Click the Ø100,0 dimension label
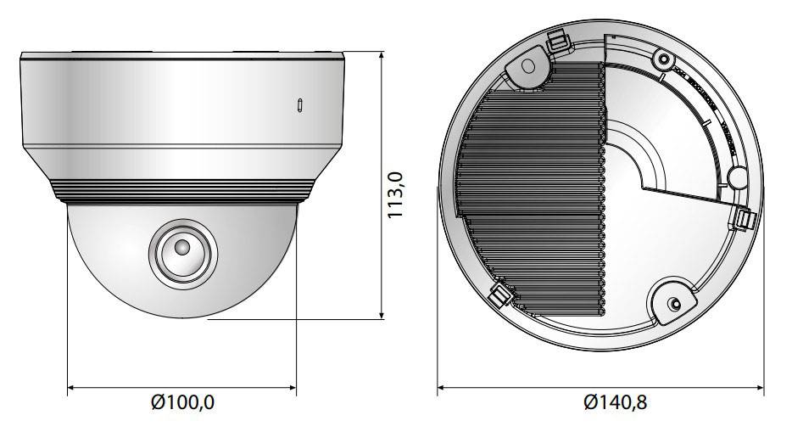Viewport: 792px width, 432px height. [x=182, y=402]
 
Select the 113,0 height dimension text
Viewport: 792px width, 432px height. [x=395, y=194]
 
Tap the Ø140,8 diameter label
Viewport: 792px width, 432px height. [x=615, y=402]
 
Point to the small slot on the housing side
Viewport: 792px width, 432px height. [x=299, y=104]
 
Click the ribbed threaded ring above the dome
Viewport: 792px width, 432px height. [x=182, y=192]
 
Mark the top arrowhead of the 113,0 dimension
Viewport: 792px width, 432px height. [x=382, y=54]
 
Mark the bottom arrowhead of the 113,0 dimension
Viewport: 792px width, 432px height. [x=382, y=315]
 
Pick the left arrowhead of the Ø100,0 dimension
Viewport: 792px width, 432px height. [x=72, y=388]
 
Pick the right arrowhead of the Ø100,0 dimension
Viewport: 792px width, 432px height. [x=292, y=388]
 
